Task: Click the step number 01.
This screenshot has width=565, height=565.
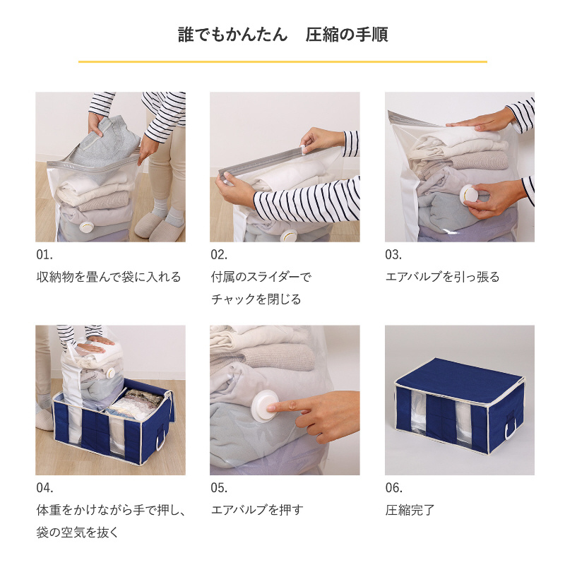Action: [44, 255]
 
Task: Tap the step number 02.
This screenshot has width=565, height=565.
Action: [219, 255]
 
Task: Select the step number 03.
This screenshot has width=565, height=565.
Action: [393, 255]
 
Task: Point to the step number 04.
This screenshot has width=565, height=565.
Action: [44, 488]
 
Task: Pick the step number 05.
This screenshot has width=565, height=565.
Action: [219, 488]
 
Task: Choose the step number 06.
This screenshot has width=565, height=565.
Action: [394, 488]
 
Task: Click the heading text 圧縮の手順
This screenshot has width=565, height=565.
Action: [347, 35]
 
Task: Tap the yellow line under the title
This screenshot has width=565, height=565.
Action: [283, 62]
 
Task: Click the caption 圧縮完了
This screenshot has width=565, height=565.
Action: [410, 510]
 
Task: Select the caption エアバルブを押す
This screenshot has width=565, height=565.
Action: [257, 510]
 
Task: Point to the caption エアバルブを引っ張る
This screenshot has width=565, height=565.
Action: [443, 277]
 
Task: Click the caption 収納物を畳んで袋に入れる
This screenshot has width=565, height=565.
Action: [109, 277]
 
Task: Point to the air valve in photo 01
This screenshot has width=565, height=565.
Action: [86, 227]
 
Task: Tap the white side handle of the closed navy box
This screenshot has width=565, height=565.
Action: [511, 427]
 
